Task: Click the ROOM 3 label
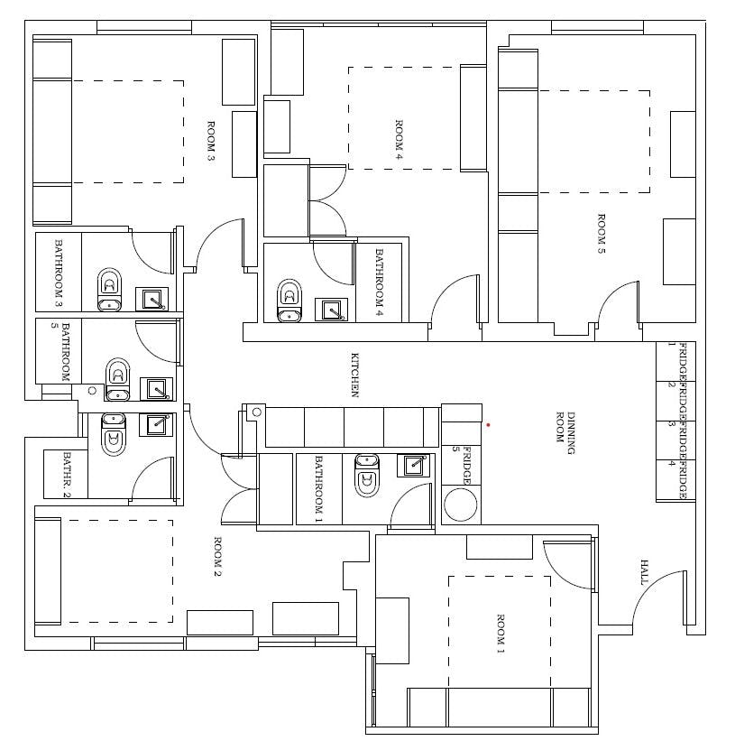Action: [211, 142]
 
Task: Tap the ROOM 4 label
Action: [399, 140]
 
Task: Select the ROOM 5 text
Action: [602, 234]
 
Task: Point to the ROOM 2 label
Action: [218, 557]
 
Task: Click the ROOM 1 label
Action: [501, 634]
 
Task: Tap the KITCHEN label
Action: [355, 375]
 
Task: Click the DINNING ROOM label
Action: [565, 433]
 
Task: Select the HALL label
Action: [644, 572]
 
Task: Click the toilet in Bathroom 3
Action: [109, 290]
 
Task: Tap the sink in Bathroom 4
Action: [331, 310]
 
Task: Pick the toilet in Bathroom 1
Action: [367, 476]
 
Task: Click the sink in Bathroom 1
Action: [414, 466]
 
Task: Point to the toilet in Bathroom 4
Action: [289, 301]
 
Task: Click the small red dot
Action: [488, 425]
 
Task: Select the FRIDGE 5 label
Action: [461, 466]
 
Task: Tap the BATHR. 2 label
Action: [67, 475]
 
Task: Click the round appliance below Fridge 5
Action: [460, 505]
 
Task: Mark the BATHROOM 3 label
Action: [59, 273]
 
